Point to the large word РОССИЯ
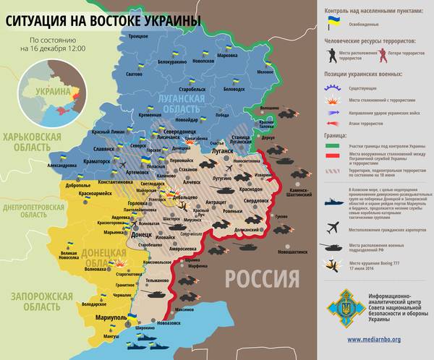point(261,278)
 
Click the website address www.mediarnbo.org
point(375,338)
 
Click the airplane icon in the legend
point(333,228)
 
